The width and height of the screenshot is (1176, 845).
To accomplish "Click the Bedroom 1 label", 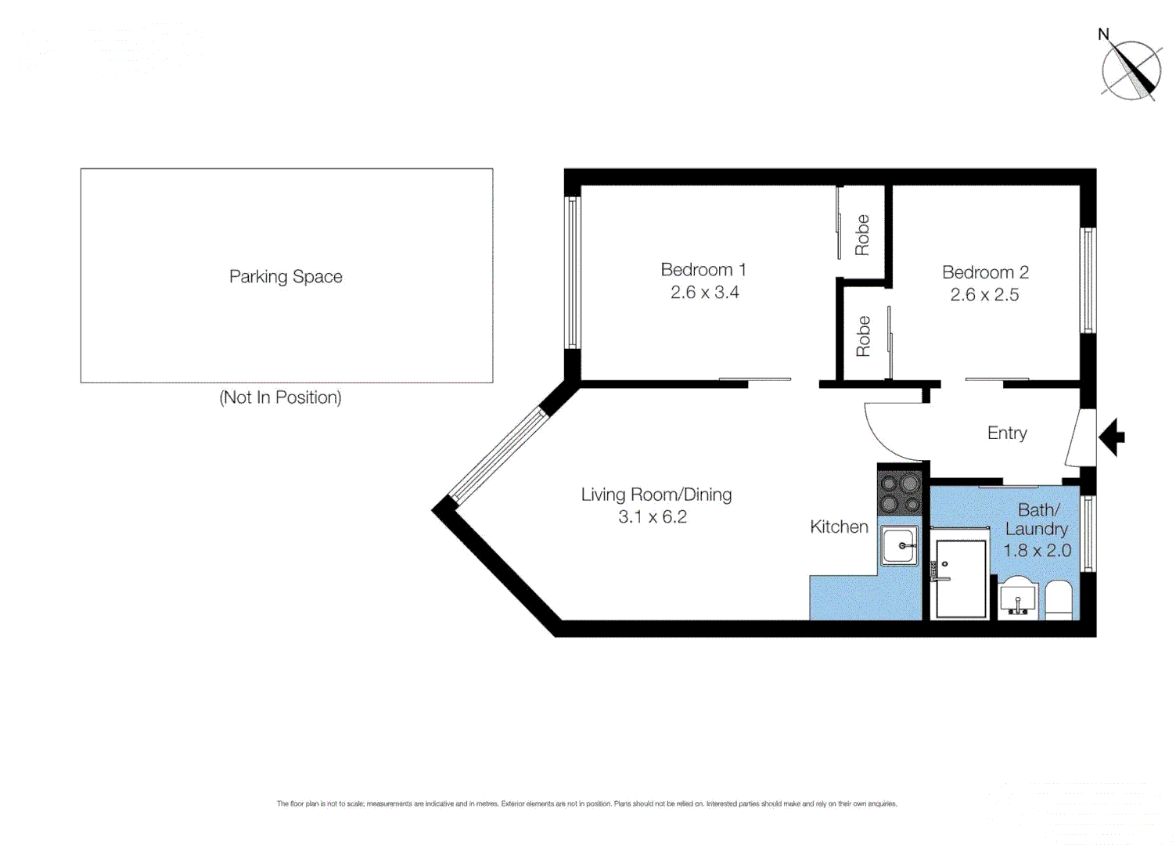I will tap(703, 270).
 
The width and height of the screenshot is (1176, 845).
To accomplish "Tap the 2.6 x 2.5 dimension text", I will tap(984, 295).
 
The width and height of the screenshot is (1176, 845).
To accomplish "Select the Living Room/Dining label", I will tap(656, 494).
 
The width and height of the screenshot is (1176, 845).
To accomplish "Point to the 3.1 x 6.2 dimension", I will tap(652, 517).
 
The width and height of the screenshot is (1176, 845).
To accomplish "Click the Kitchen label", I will tap(839, 527).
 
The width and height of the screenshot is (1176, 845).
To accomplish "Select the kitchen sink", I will tap(899, 545).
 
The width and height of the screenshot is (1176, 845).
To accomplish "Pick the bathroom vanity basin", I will tap(1018, 598).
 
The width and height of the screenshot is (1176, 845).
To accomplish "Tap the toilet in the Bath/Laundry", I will tap(1059, 600).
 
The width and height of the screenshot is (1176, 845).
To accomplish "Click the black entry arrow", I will tap(1112, 437).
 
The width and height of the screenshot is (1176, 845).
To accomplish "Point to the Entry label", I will tap(1006, 433).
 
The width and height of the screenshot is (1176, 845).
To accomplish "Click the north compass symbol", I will tap(1131, 70).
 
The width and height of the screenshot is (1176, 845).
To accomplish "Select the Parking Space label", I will tap(286, 277).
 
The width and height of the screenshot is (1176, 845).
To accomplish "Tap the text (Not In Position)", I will tap(280, 397).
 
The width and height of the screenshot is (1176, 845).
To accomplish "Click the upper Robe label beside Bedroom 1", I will tap(861, 235).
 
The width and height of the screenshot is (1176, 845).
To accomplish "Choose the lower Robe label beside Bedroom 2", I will tap(863, 336).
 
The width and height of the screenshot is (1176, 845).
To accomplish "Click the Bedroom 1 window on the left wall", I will tap(572, 272).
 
